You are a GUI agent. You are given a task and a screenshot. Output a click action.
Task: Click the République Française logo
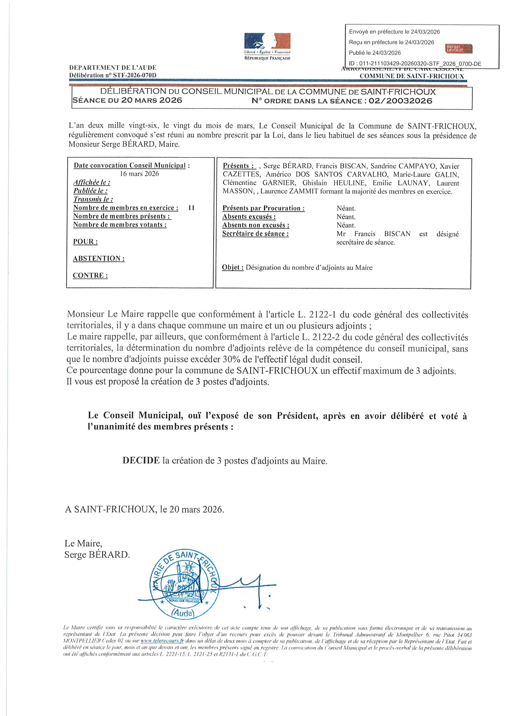[x=267, y=46]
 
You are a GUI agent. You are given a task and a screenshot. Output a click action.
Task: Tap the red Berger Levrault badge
[x=458, y=49]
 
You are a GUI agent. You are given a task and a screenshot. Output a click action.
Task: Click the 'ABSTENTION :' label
[x=99, y=258]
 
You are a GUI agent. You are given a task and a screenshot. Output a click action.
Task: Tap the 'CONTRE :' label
[x=90, y=275]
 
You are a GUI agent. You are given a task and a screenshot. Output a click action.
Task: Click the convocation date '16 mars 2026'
[x=139, y=174]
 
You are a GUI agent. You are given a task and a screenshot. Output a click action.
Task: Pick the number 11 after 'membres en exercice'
[x=191, y=208]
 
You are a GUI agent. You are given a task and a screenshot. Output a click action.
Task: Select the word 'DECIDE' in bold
[x=141, y=461]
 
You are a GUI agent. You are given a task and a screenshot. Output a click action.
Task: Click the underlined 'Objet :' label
[x=233, y=267]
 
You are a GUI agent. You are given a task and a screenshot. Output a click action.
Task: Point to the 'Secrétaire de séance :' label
[x=255, y=234]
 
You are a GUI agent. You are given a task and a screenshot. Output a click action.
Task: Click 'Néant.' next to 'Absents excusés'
[x=346, y=217]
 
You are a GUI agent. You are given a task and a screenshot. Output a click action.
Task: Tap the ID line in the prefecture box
[x=415, y=64]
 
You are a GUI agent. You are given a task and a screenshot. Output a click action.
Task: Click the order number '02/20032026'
[x=400, y=101]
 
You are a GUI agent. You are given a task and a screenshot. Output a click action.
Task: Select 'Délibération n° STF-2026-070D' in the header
[x=113, y=75]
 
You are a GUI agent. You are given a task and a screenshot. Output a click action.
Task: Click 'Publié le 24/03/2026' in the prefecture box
[x=375, y=53]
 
